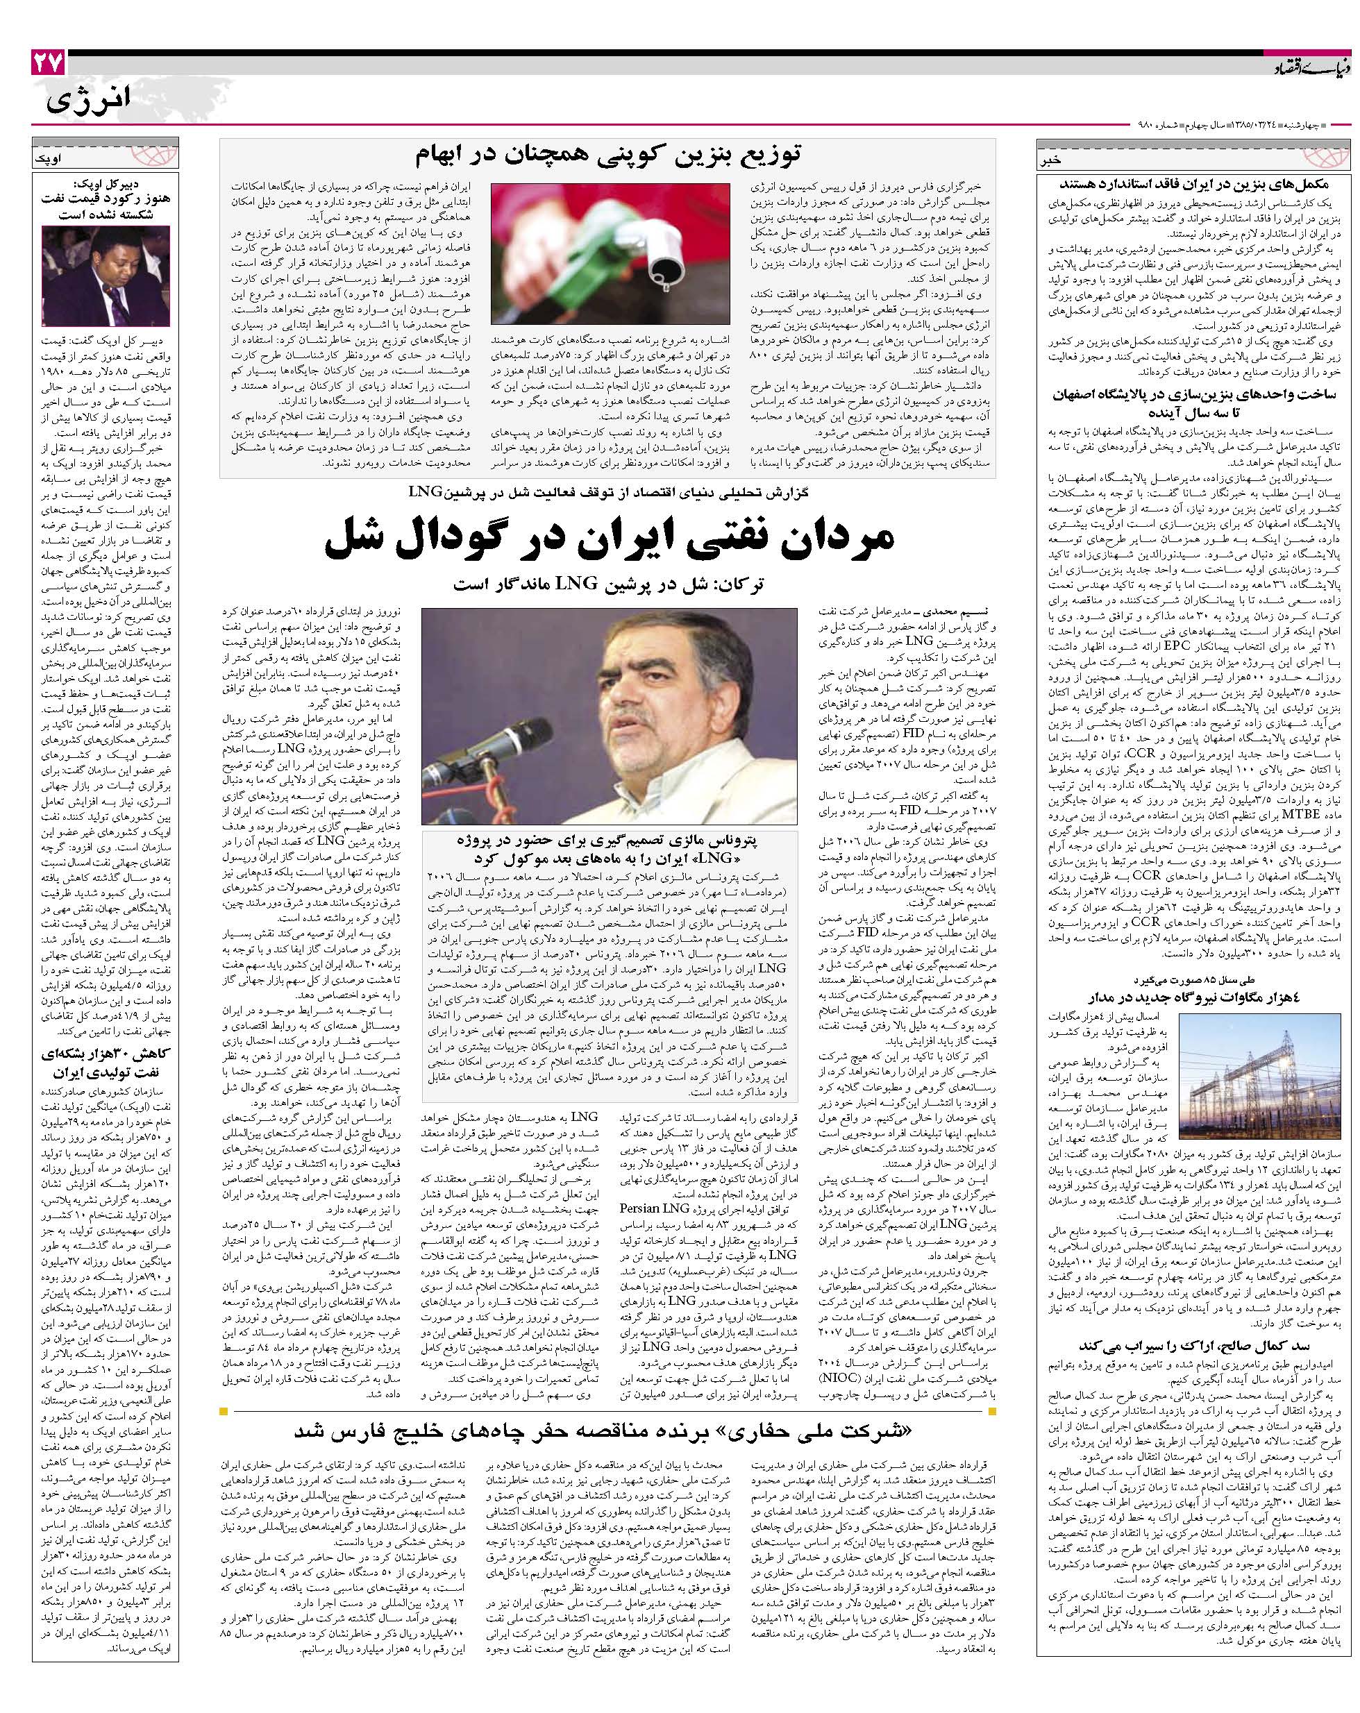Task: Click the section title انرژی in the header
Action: tap(88, 102)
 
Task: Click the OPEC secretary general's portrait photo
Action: tap(105, 276)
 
